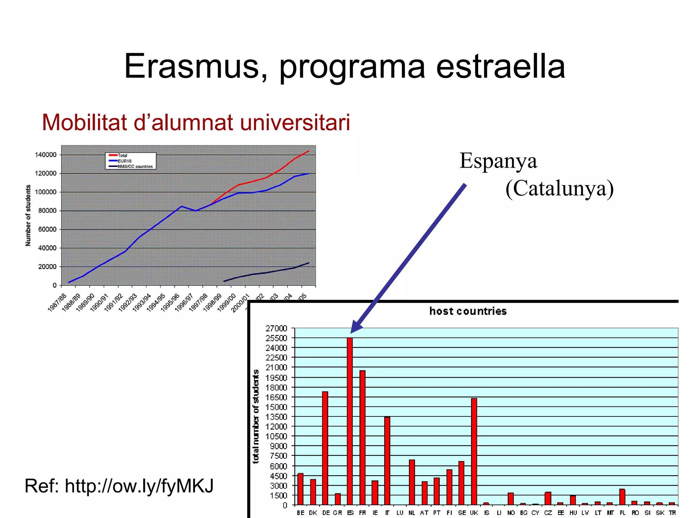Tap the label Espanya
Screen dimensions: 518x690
(498, 161)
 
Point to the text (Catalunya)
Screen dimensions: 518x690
(559, 188)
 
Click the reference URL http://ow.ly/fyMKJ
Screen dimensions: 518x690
(139, 486)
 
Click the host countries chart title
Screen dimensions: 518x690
(468, 311)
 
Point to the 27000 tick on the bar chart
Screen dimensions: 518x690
(276, 328)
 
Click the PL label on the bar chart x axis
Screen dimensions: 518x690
(622, 513)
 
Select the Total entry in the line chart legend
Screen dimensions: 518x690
(122, 155)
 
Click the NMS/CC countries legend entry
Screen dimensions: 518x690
(135, 166)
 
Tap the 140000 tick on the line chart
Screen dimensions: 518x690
(45, 155)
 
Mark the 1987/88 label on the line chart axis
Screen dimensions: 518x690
(57, 303)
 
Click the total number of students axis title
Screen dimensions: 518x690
(256, 416)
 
